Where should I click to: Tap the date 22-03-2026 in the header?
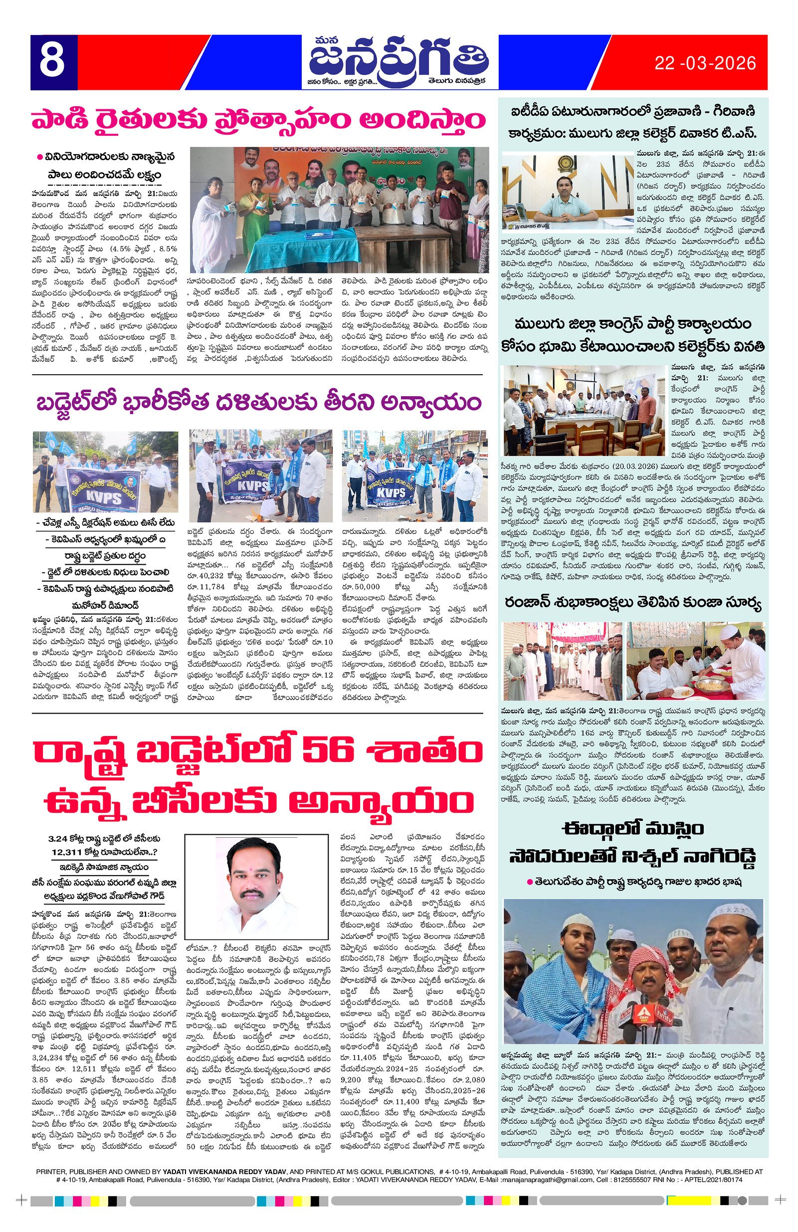(x=705, y=63)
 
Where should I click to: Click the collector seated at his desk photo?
(x=568, y=192)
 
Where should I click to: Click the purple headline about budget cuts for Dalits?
(x=257, y=402)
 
